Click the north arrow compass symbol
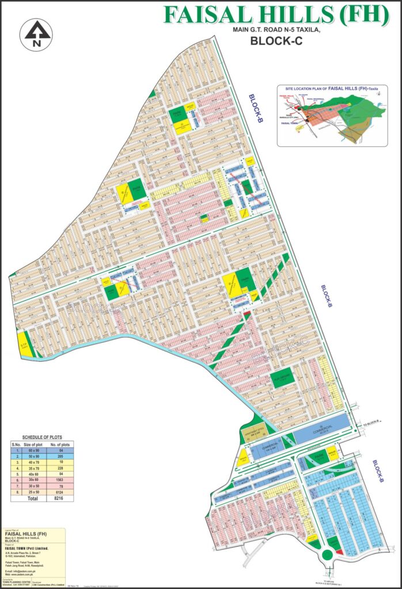[37, 35]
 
